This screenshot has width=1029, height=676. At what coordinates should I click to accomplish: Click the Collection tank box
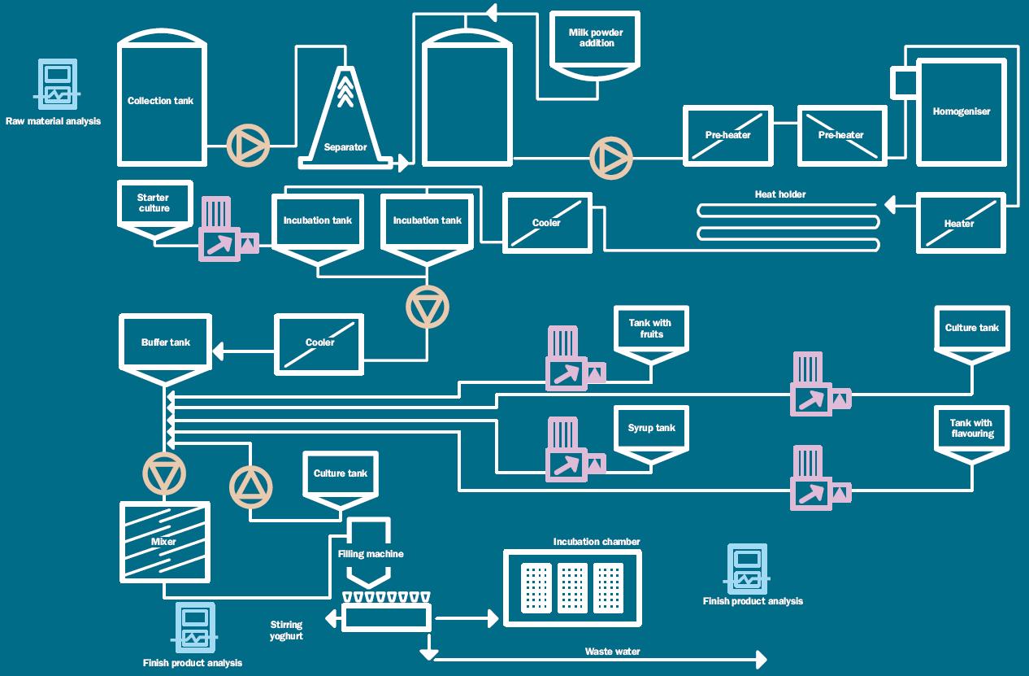tap(160, 102)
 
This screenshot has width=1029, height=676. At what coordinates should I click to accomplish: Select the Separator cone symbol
tap(345, 122)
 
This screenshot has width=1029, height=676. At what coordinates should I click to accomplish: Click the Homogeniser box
tap(961, 111)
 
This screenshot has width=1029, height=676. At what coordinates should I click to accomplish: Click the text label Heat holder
tap(780, 194)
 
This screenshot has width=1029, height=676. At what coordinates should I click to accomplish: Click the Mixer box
tap(165, 541)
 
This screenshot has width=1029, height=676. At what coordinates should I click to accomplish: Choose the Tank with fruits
tap(651, 332)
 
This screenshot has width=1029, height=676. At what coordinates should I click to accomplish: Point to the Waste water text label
tap(612, 652)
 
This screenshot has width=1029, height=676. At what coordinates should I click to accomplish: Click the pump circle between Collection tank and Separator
tap(247, 146)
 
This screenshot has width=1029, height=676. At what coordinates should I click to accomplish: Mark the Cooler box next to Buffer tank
tap(319, 343)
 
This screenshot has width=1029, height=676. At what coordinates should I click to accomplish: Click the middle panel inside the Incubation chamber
tap(572, 587)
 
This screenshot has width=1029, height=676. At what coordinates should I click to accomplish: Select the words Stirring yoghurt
tap(286, 630)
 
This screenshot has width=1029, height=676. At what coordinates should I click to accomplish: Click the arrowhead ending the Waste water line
tap(761, 659)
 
